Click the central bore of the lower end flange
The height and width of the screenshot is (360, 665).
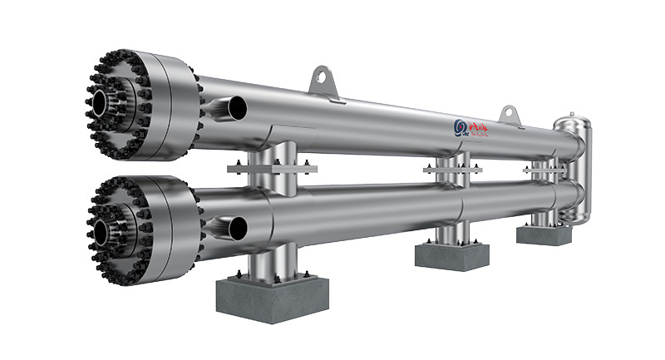point(100,231)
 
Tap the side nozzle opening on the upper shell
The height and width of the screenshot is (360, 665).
point(237,106)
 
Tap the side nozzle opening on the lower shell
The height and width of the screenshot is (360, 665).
point(237,225)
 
